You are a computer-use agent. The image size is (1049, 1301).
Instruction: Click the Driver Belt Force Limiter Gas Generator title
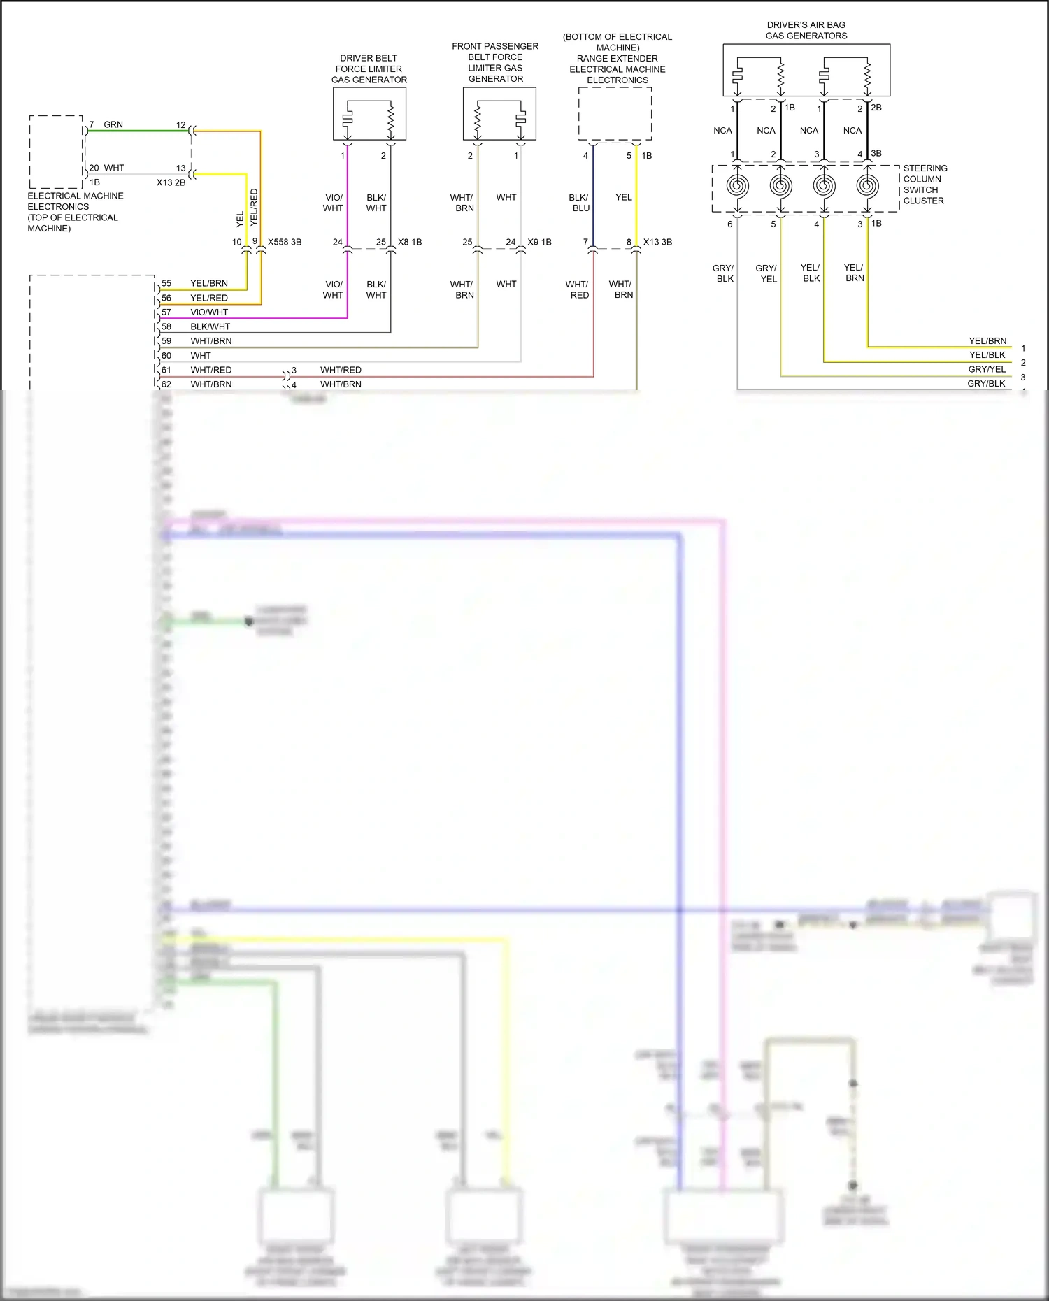[369, 69]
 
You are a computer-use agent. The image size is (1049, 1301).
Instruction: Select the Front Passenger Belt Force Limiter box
[499, 113]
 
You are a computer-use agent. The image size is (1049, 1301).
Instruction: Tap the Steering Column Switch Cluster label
[925, 185]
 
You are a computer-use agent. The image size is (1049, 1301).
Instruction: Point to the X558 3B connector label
[285, 243]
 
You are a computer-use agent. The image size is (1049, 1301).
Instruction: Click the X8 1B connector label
[410, 243]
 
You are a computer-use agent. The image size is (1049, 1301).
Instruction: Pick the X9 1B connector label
[539, 243]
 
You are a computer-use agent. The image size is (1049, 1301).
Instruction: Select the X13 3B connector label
[657, 243]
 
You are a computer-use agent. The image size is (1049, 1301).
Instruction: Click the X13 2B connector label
[171, 182]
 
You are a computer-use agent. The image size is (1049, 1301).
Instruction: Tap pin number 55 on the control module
[166, 284]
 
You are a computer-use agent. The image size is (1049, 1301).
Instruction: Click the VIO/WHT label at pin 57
[209, 312]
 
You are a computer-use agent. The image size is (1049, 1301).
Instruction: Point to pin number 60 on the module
[166, 356]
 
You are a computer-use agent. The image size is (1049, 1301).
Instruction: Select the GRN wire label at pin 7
[113, 125]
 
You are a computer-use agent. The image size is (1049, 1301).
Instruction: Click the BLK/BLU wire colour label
[579, 203]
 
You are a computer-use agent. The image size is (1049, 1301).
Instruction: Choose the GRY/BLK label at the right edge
[986, 384]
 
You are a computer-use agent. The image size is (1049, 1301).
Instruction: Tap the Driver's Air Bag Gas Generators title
[806, 30]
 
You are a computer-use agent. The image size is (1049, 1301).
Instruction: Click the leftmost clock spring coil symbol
[737, 187]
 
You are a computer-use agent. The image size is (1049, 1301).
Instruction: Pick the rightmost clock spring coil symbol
[867, 187]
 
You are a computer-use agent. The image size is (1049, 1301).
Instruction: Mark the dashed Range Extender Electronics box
[615, 113]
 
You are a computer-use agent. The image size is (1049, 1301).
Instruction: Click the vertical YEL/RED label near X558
[254, 206]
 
